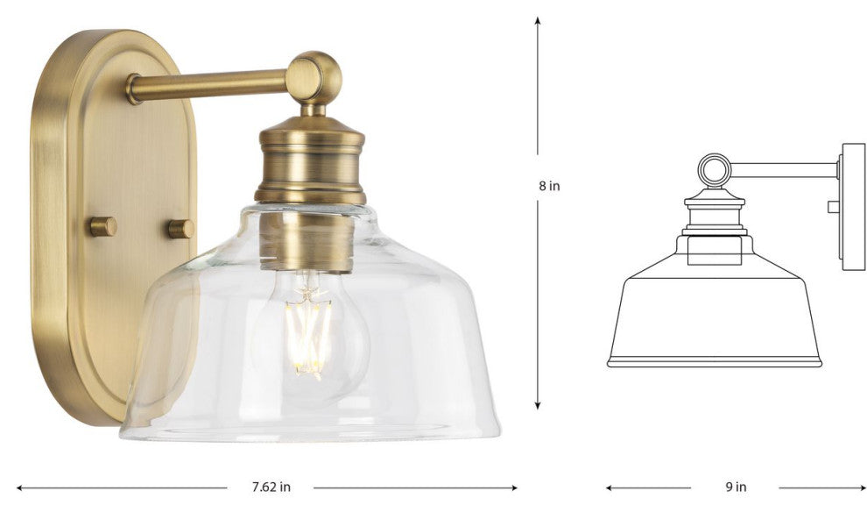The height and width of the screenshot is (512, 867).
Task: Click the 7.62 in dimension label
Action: [x=271, y=487]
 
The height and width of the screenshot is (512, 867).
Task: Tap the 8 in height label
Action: [x=550, y=186]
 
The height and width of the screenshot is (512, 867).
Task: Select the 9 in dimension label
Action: [x=736, y=487]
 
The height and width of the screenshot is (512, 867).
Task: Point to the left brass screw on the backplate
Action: [x=103, y=226]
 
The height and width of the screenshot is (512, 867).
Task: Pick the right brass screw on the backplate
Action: [x=181, y=229]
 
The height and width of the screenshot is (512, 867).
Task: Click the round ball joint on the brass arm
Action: [x=314, y=77]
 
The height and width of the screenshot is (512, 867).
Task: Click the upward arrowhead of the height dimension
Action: [x=537, y=21]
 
